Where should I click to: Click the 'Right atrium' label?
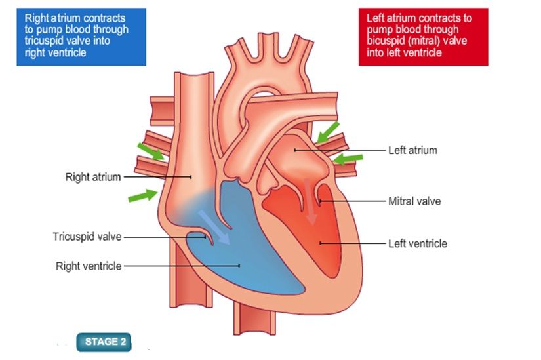(x=93, y=177)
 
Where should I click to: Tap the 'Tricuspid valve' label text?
(x=87, y=237)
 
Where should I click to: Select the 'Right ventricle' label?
(x=89, y=266)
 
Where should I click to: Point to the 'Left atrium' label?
(x=412, y=150)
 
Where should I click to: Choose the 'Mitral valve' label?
(x=414, y=201)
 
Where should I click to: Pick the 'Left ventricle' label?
(x=417, y=243)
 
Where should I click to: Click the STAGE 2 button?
(x=104, y=342)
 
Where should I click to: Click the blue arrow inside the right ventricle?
(x=214, y=227)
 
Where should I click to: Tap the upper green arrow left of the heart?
(x=150, y=152)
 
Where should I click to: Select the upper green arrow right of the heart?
(x=328, y=131)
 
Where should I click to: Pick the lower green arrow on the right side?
(x=348, y=159)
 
